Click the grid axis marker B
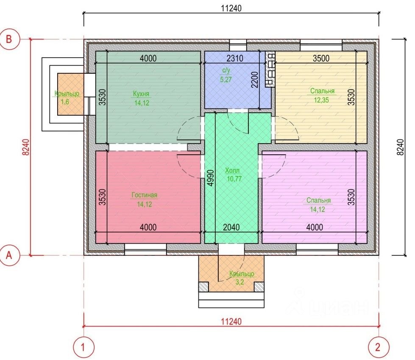(x=9, y=39)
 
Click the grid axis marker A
(x=9, y=255)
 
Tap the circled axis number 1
(x=84, y=347)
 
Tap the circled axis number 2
(x=379, y=347)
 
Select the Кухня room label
(x=141, y=94)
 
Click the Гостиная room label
(x=145, y=195)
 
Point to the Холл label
(x=232, y=170)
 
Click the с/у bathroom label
(x=226, y=71)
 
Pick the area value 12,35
(x=321, y=100)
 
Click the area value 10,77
(x=234, y=179)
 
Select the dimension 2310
(x=235, y=58)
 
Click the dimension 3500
(x=321, y=58)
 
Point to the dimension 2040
(x=231, y=227)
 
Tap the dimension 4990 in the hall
(x=210, y=178)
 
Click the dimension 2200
(x=255, y=80)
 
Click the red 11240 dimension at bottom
(x=231, y=321)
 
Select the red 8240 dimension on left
(x=26, y=147)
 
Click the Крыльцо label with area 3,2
(x=242, y=274)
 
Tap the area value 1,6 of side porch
(x=65, y=102)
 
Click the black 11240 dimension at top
(x=231, y=8)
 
